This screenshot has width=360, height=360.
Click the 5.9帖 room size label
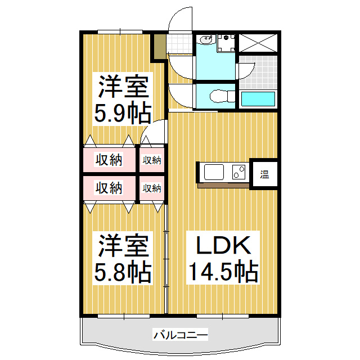[x=123, y=114]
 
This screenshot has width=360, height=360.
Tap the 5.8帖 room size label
[x=123, y=273]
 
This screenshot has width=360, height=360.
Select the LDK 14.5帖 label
[x=223, y=258]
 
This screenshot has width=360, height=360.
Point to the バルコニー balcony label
[x=181, y=335]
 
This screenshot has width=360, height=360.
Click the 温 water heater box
[x=264, y=174]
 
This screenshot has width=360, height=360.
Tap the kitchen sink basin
[x=214, y=172]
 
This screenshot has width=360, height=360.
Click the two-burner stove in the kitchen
[x=238, y=172]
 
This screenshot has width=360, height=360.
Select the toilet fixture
[x=222, y=96]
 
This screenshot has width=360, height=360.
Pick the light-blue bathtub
[x=258, y=99]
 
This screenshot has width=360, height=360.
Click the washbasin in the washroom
[x=206, y=40]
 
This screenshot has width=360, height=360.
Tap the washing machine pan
[x=226, y=43]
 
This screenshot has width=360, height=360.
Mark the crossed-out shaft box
[x=258, y=43]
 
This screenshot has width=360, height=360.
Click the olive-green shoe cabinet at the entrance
[x=160, y=47]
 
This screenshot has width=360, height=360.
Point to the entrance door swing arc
[x=177, y=16]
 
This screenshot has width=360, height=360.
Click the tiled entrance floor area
[x=179, y=43]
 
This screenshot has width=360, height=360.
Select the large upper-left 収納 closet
[x=109, y=160]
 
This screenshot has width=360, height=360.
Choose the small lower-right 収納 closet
[x=152, y=188]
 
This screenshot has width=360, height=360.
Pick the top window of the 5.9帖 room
[x=120, y=32]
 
